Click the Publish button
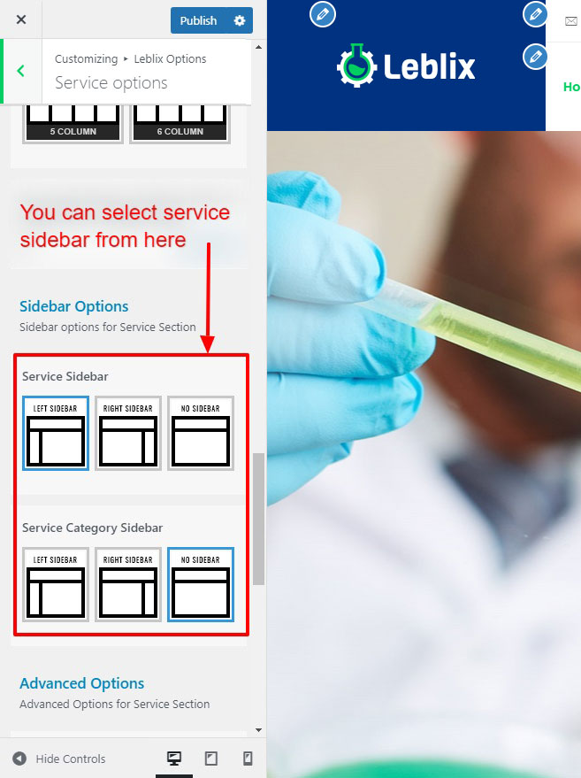[198, 20]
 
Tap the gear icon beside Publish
[240, 20]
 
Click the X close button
[21, 19]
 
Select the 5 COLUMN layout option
[73, 123]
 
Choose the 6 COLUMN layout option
[180, 123]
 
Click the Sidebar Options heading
[74, 306]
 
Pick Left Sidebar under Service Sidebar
[56, 433]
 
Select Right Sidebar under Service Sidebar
[128, 433]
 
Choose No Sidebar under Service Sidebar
[200, 433]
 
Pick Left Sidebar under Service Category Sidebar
[56, 584]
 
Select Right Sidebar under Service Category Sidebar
[128, 584]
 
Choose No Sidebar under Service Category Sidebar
[200, 584]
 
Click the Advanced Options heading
[81, 683]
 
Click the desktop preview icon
[174, 759]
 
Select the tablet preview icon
[211, 759]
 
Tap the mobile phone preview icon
[248, 759]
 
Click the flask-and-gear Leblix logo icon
[357, 65]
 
